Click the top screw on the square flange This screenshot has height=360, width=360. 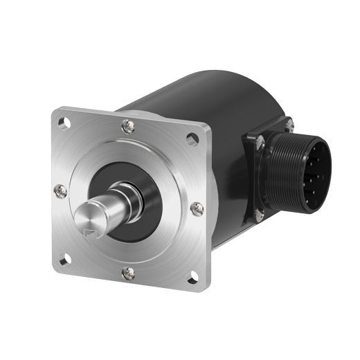(x=128, y=125)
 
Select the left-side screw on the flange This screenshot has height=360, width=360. (x=61, y=190)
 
